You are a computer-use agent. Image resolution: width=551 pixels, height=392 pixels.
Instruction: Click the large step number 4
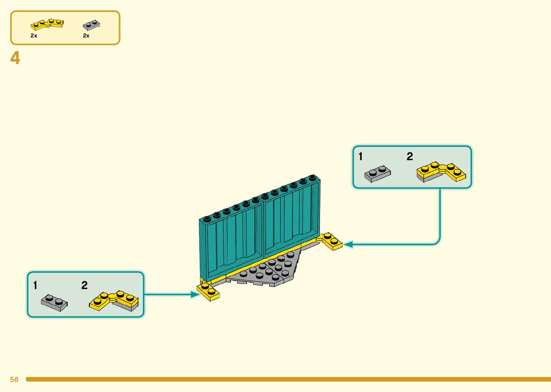click(x=15, y=58)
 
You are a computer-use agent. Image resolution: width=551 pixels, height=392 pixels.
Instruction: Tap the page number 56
click(x=14, y=379)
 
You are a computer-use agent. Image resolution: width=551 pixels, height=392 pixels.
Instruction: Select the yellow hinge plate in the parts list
click(x=47, y=24)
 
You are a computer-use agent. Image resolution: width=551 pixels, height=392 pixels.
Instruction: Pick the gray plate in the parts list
click(x=91, y=25)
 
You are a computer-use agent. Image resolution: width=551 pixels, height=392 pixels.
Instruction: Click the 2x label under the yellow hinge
click(x=34, y=36)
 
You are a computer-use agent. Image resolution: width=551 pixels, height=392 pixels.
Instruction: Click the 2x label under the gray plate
click(x=86, y=36)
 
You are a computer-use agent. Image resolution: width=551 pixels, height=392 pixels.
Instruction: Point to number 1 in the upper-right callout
click(x=361, y=157)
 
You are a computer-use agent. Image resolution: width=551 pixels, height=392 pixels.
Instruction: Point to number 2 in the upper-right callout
click(x=410, y=157)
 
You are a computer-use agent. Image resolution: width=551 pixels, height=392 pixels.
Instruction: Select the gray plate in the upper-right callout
click(x=377, y=174)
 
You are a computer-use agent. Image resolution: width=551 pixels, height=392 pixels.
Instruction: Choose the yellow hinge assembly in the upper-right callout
click(x=441, y=172)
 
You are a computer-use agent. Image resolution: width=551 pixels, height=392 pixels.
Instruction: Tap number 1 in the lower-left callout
click(x=35, y=285)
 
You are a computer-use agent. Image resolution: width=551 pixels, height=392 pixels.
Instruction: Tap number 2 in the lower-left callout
click(x=85, y=285)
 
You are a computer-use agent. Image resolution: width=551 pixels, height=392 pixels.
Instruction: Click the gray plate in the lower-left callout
click(x=54, y=302)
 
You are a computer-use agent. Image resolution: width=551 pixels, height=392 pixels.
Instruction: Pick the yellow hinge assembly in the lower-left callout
click(x=114, y=301)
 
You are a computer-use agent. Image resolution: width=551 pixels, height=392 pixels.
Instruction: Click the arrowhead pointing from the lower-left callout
click(x=195, y=294)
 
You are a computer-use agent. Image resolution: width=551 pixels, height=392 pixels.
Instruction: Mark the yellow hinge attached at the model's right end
click(x=330, y=241)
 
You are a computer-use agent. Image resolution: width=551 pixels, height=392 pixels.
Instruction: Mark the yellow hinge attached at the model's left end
click(x=208, y=291)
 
